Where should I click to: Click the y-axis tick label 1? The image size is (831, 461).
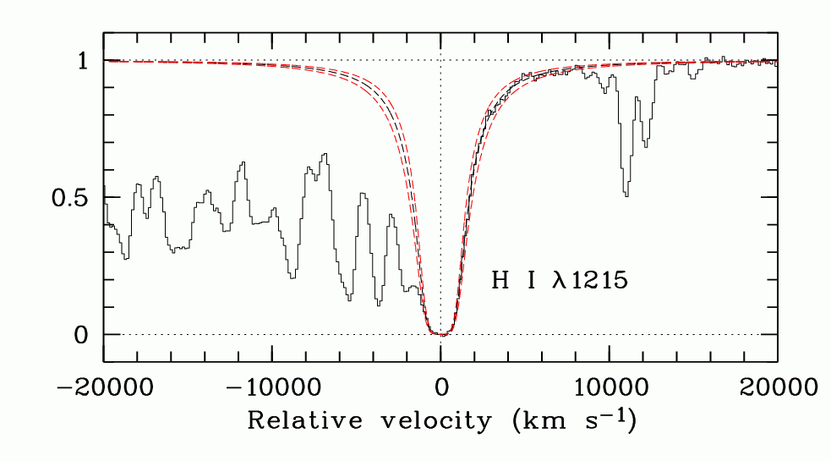tap(83, 61)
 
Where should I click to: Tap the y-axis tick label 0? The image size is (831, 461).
tap(83, 335)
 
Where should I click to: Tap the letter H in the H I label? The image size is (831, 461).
tap(500, 282)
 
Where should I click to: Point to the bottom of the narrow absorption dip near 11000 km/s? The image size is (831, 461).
tap(626, 196)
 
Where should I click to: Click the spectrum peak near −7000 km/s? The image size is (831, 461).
tap(324, 155)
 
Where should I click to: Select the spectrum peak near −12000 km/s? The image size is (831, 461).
tap(243, 162)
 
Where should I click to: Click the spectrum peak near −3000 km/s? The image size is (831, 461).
tap(391, 215)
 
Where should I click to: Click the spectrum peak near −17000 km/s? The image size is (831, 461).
tap(156, 178)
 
